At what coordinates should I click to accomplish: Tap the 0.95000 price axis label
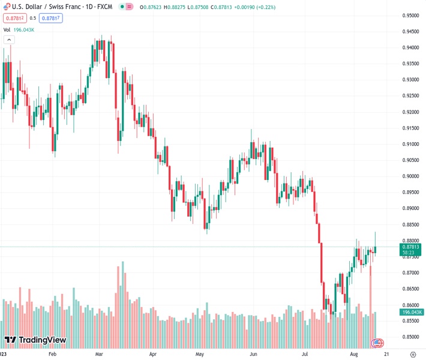[410, 16]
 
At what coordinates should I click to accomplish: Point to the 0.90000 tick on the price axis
[410, 176]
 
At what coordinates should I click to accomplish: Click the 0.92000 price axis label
[410, 112]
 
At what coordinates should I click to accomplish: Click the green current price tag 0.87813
[411, 247]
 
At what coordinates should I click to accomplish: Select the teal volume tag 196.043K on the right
[411, 312]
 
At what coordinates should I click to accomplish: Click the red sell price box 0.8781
[14, 18]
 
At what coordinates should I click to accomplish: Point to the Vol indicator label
[7, 29]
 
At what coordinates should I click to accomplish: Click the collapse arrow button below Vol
[8, 40]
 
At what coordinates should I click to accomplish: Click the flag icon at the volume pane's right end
[377, 343]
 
